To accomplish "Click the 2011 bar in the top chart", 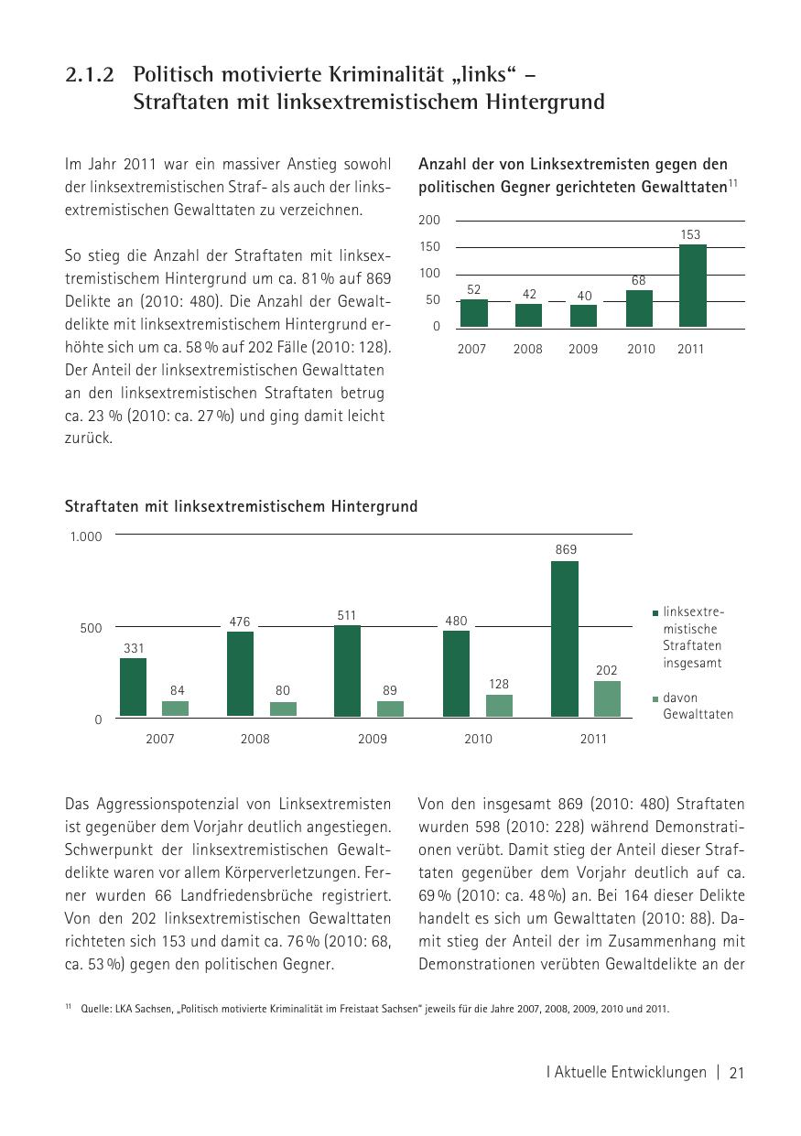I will (x=692, y=286).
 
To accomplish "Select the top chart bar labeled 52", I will (x=473, y=313).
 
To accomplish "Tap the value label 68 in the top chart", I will (x=639, y=279).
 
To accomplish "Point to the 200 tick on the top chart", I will (x=430, y=221).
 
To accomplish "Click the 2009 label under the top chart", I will (x=583, y=349).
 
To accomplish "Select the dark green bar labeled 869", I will (x=565, y=639).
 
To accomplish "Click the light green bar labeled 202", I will (x=607, y=698).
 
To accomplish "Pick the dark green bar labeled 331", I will (x=134, y=687).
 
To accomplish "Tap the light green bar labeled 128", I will (x=499, y=705).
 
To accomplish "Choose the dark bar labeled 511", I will (x=347, y=671).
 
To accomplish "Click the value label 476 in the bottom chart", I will (x=240, y=622).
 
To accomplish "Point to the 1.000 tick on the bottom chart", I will (x=86, y=536).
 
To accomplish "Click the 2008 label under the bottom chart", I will (x=255, y=739).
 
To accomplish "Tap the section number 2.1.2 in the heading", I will (x=90, y=75).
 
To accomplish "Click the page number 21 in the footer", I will (x=737, y=1073).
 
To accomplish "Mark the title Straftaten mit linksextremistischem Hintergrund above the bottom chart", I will (x=241, y=506).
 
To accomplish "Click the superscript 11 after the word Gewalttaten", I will (x=732, y=183).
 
